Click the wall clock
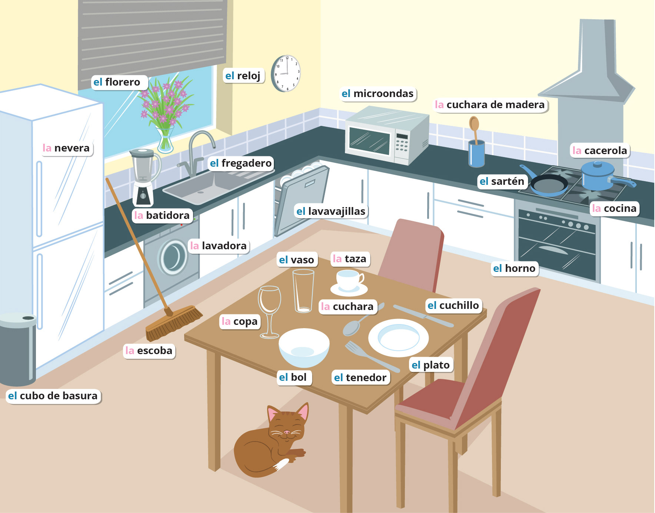coord(286,73)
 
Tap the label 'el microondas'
coord(378,94)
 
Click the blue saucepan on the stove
coord(598,174)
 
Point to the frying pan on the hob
coord(549,184)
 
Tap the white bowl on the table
coord(304,346)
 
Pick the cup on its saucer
coord(349,281)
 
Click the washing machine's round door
coord(173,257)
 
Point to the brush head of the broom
coord(174,323)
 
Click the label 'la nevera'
coord(66,148)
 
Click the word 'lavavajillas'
coord(336,211)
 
